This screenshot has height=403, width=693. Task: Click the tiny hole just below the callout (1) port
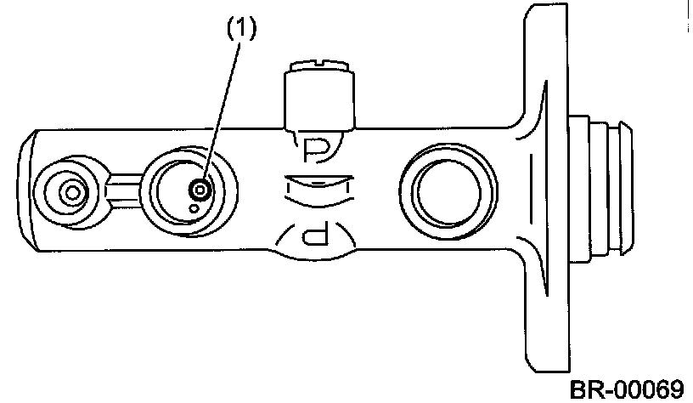click(x=194, y=206)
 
